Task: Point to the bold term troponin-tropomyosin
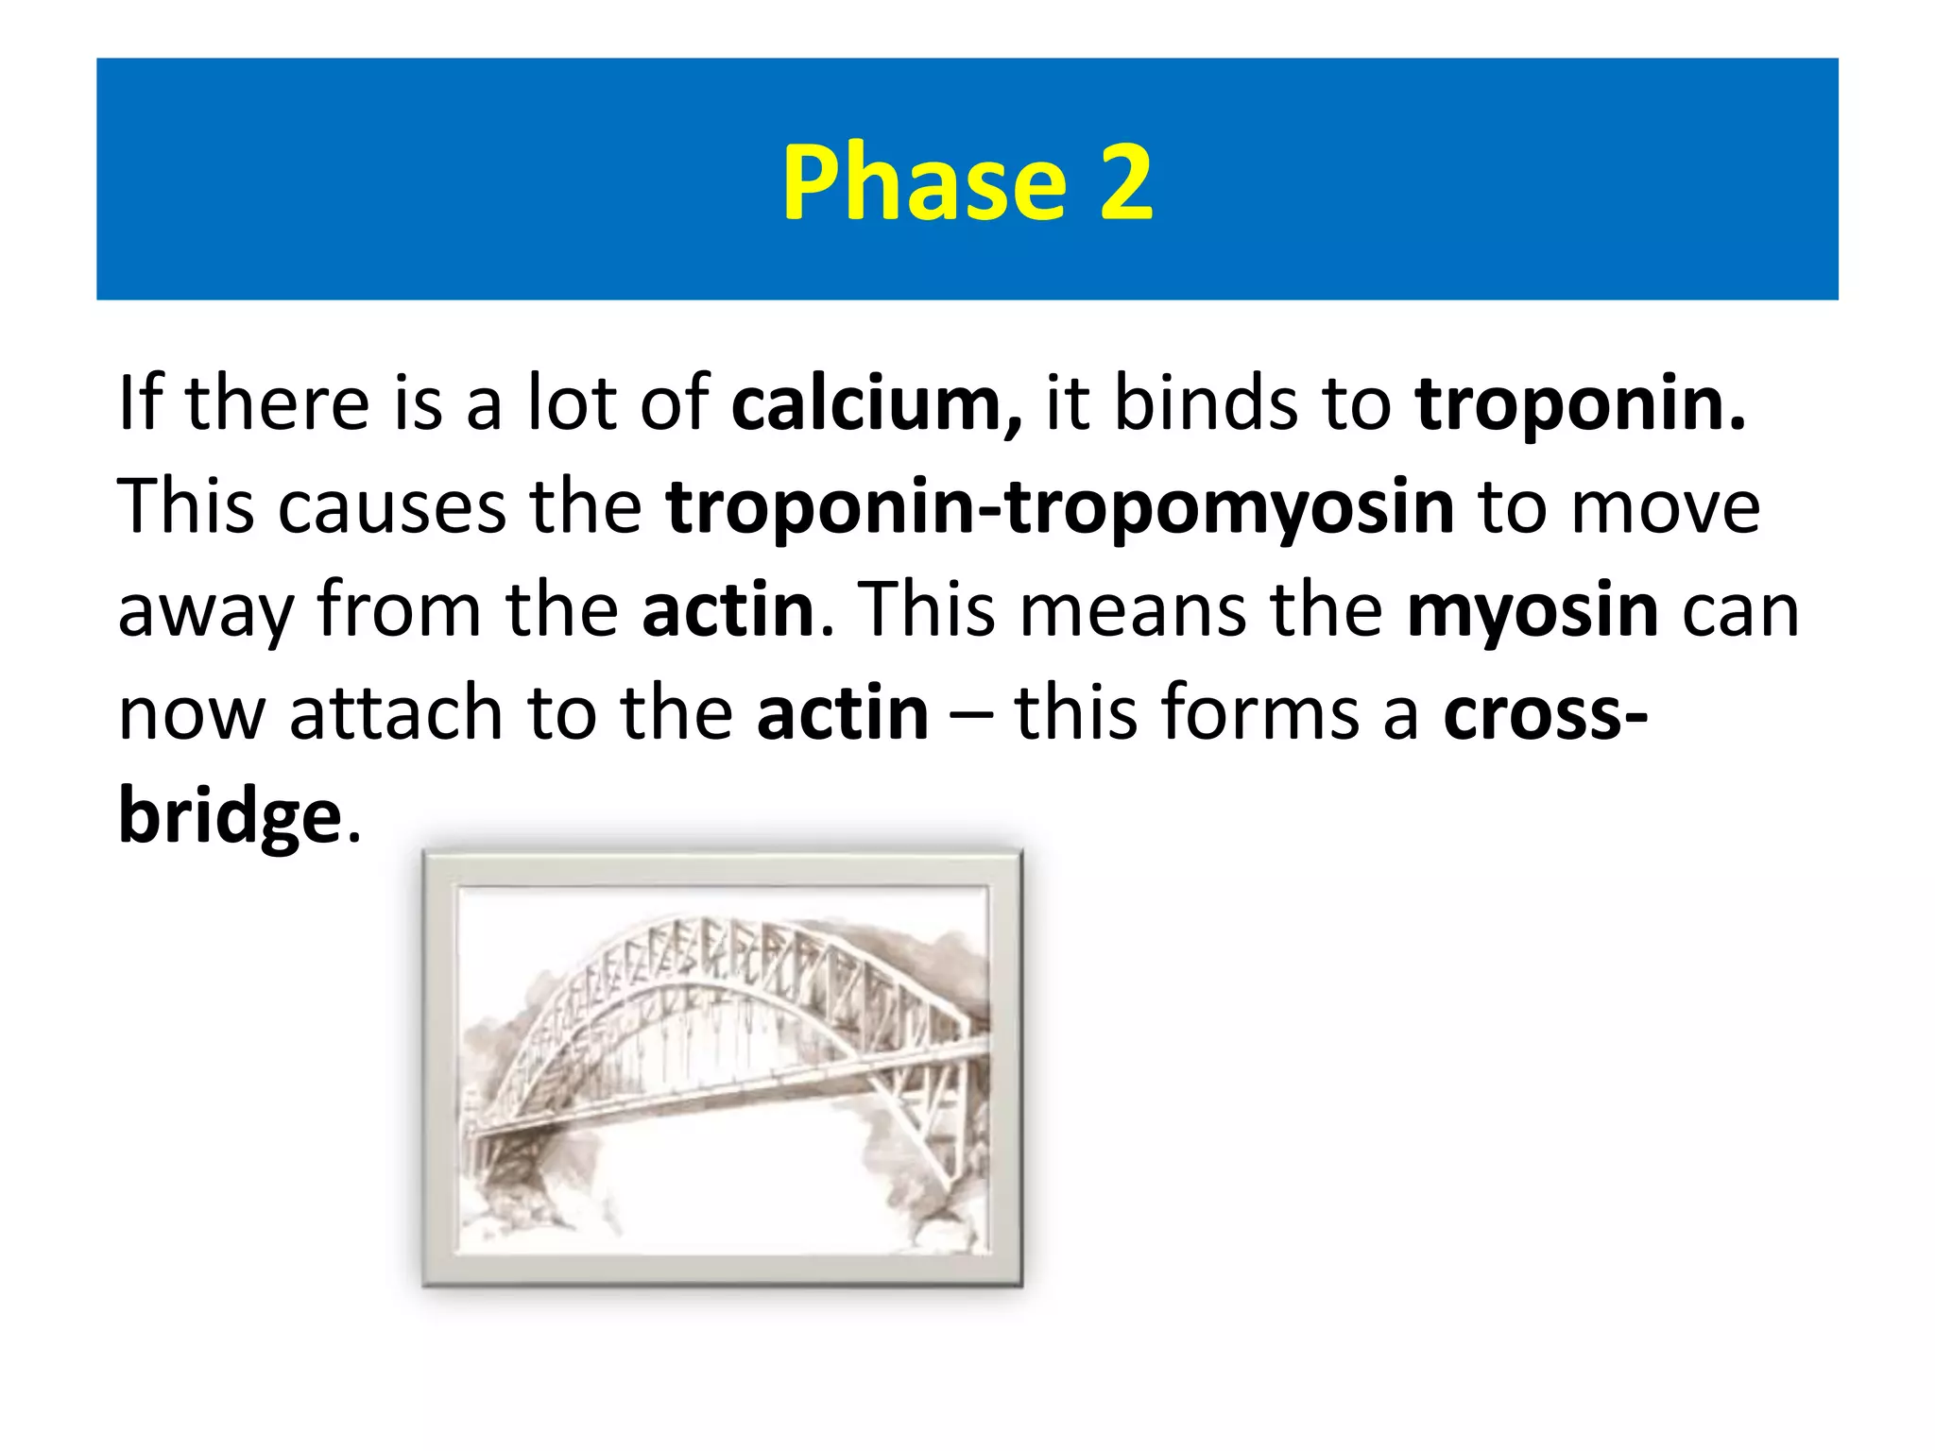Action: point(1059,508)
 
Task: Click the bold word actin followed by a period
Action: point(728,610)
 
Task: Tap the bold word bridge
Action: point(229,818)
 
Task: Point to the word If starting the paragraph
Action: point(141,404)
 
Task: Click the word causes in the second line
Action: point(391,508)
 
